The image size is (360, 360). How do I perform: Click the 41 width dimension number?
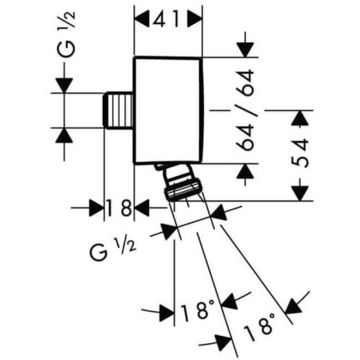(x=166, y=19)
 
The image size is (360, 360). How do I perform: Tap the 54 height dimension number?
(x=300, y=153)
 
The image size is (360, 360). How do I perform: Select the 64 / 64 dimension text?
(x=245, y=110)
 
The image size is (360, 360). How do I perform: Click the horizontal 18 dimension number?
(x=119, y=208)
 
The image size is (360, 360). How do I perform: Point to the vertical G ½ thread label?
(x=66, y=34)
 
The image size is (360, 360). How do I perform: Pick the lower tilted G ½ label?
(x=112, y=249)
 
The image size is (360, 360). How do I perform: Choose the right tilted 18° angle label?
(x=259, y=327)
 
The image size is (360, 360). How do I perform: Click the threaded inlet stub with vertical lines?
(x=118, y=110)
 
